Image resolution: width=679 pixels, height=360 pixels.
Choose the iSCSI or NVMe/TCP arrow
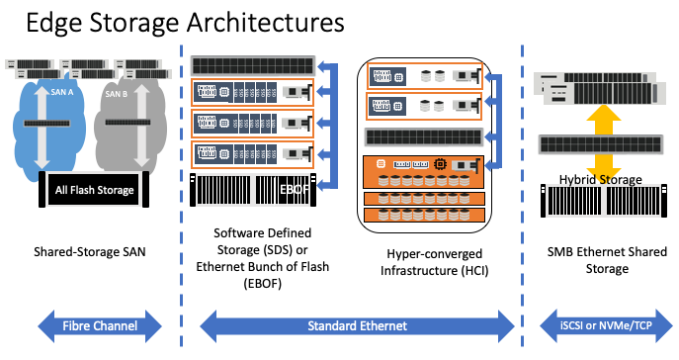point(605,322)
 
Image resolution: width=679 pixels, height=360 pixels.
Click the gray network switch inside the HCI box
point(423,136)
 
